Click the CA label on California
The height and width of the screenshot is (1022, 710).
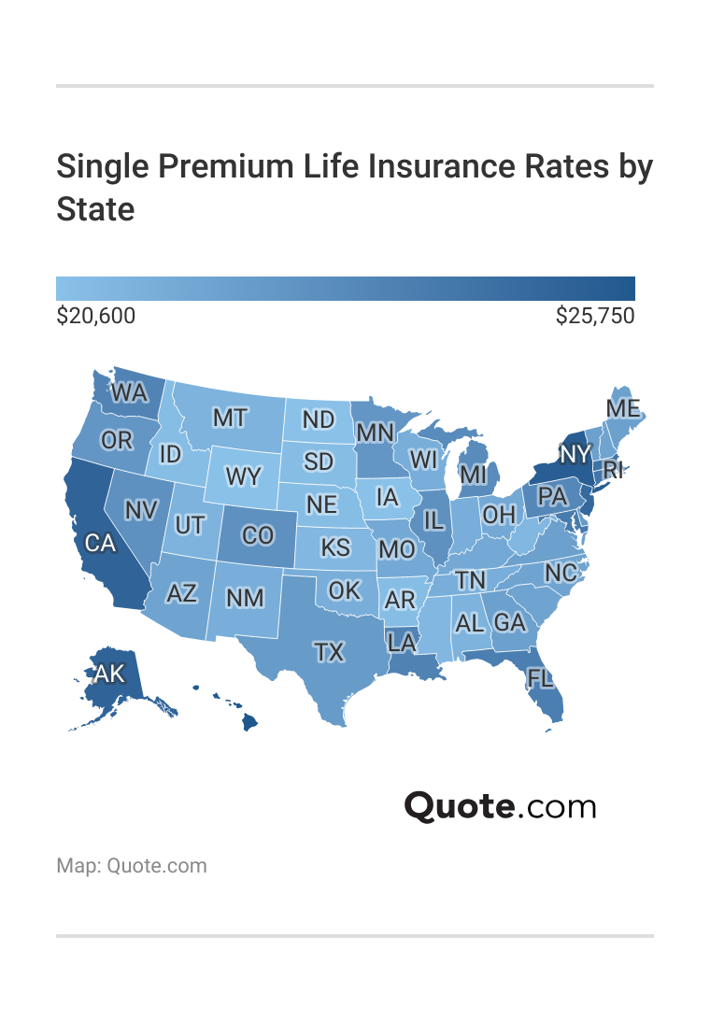tap(100, 542)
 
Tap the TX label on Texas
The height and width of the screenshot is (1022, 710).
tap(329, 652)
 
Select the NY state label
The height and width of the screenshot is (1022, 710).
tap(576, 454)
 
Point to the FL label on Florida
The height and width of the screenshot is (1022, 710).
tap(540, 678)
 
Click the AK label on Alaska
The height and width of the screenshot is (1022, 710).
tap(108, 674)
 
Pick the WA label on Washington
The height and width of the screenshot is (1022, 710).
tap(129, 393)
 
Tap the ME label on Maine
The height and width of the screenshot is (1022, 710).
tap(623, 409)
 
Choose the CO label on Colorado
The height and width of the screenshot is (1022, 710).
tap(257, 536)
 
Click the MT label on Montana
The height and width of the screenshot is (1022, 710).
tap(230, 418)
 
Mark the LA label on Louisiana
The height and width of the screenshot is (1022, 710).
tap(402, 642)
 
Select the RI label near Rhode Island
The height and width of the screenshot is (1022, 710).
tap(613, 469)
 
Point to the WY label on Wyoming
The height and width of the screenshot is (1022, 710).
tap(244, 476)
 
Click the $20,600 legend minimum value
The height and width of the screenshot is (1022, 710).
tap(96, 317)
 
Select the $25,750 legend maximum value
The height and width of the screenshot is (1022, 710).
tap(595, 317)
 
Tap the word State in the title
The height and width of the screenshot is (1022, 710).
tap(95, 208)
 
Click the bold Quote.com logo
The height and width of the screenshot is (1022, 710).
tap(500, 806)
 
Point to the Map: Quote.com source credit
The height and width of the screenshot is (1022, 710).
tap(132, 866)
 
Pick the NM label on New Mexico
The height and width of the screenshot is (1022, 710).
tap(245, 598)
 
